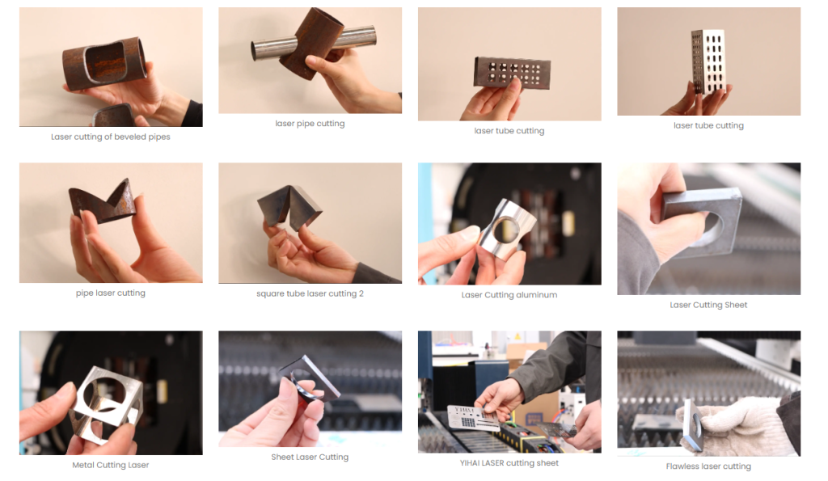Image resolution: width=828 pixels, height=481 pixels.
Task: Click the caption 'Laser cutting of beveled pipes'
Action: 110,137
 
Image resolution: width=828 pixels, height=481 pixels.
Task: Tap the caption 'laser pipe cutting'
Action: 310,124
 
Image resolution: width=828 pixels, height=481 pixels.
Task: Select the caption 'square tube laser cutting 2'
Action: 310,293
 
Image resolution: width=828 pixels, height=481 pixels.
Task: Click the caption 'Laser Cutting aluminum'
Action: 509,294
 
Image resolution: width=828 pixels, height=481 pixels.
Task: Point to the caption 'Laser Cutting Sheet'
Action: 708,305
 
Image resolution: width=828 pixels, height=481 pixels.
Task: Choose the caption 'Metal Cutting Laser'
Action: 110,465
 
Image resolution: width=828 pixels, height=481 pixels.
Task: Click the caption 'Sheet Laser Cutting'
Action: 310,457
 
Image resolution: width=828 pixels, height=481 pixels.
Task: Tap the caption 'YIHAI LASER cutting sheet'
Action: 509,463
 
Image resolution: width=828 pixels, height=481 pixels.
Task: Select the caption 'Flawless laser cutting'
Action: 708,466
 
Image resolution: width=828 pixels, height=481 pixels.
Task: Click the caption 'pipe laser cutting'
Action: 110,293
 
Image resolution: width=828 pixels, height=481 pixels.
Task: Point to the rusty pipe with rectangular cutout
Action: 104,63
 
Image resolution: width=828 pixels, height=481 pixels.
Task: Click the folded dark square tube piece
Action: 289,208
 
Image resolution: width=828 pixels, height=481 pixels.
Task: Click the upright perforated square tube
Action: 708,61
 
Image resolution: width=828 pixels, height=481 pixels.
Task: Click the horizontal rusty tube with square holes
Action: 512,73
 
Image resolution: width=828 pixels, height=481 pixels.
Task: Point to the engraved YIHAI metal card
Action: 472,416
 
